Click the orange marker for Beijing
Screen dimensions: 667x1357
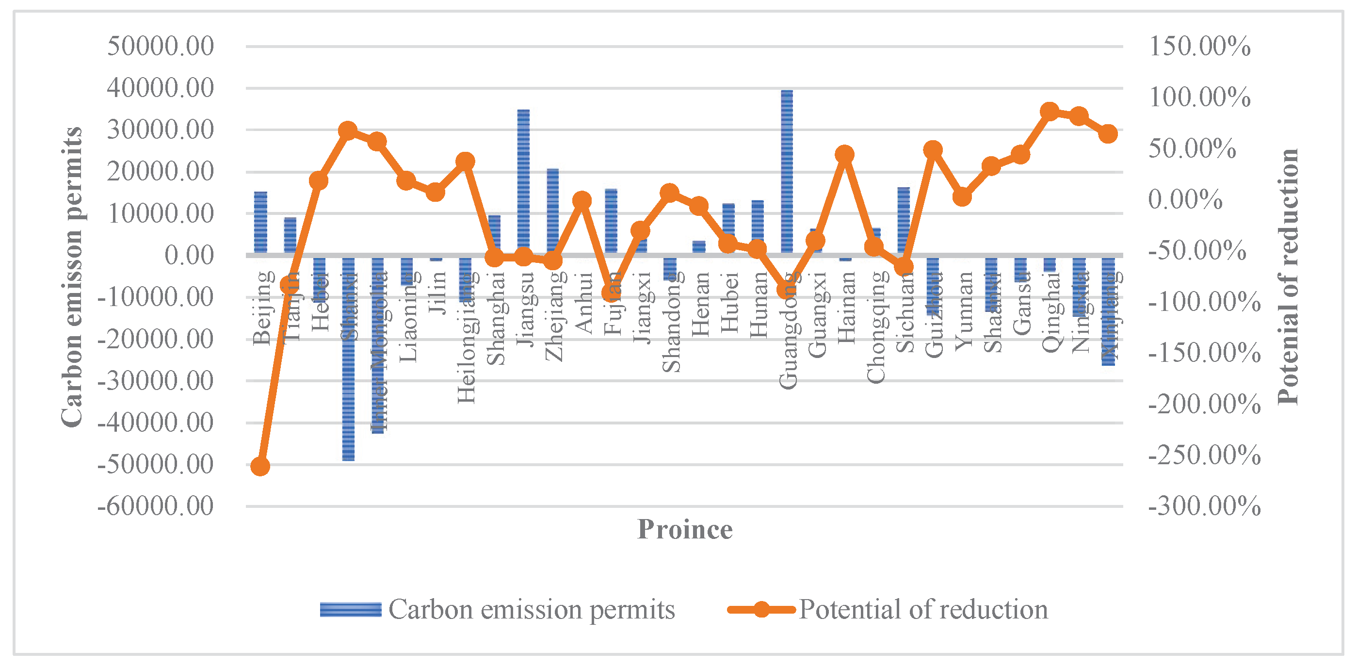[x=260, y=466]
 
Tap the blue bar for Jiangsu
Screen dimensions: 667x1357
[x=523, y=182]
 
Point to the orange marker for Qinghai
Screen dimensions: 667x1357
[x=1050, y=111]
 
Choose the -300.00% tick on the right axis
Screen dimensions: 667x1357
[x=1204, y=506]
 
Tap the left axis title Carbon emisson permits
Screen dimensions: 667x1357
[x=71, y=277]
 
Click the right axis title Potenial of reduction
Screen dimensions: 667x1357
[x=1288, y=277]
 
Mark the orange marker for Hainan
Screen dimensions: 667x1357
[x=844, y=154]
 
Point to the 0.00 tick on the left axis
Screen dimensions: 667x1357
[x=189, y=256]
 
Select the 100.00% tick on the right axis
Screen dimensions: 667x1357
[x=1199, y=98]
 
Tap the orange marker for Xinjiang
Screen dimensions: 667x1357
[x=1108, y=134]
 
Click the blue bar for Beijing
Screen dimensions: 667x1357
[x=260, y=223]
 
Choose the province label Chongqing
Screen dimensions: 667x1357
[x=876, y=326]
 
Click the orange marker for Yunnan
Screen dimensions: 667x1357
[x=962, y=197]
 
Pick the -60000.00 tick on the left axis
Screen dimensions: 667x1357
[x=155, y=506]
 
